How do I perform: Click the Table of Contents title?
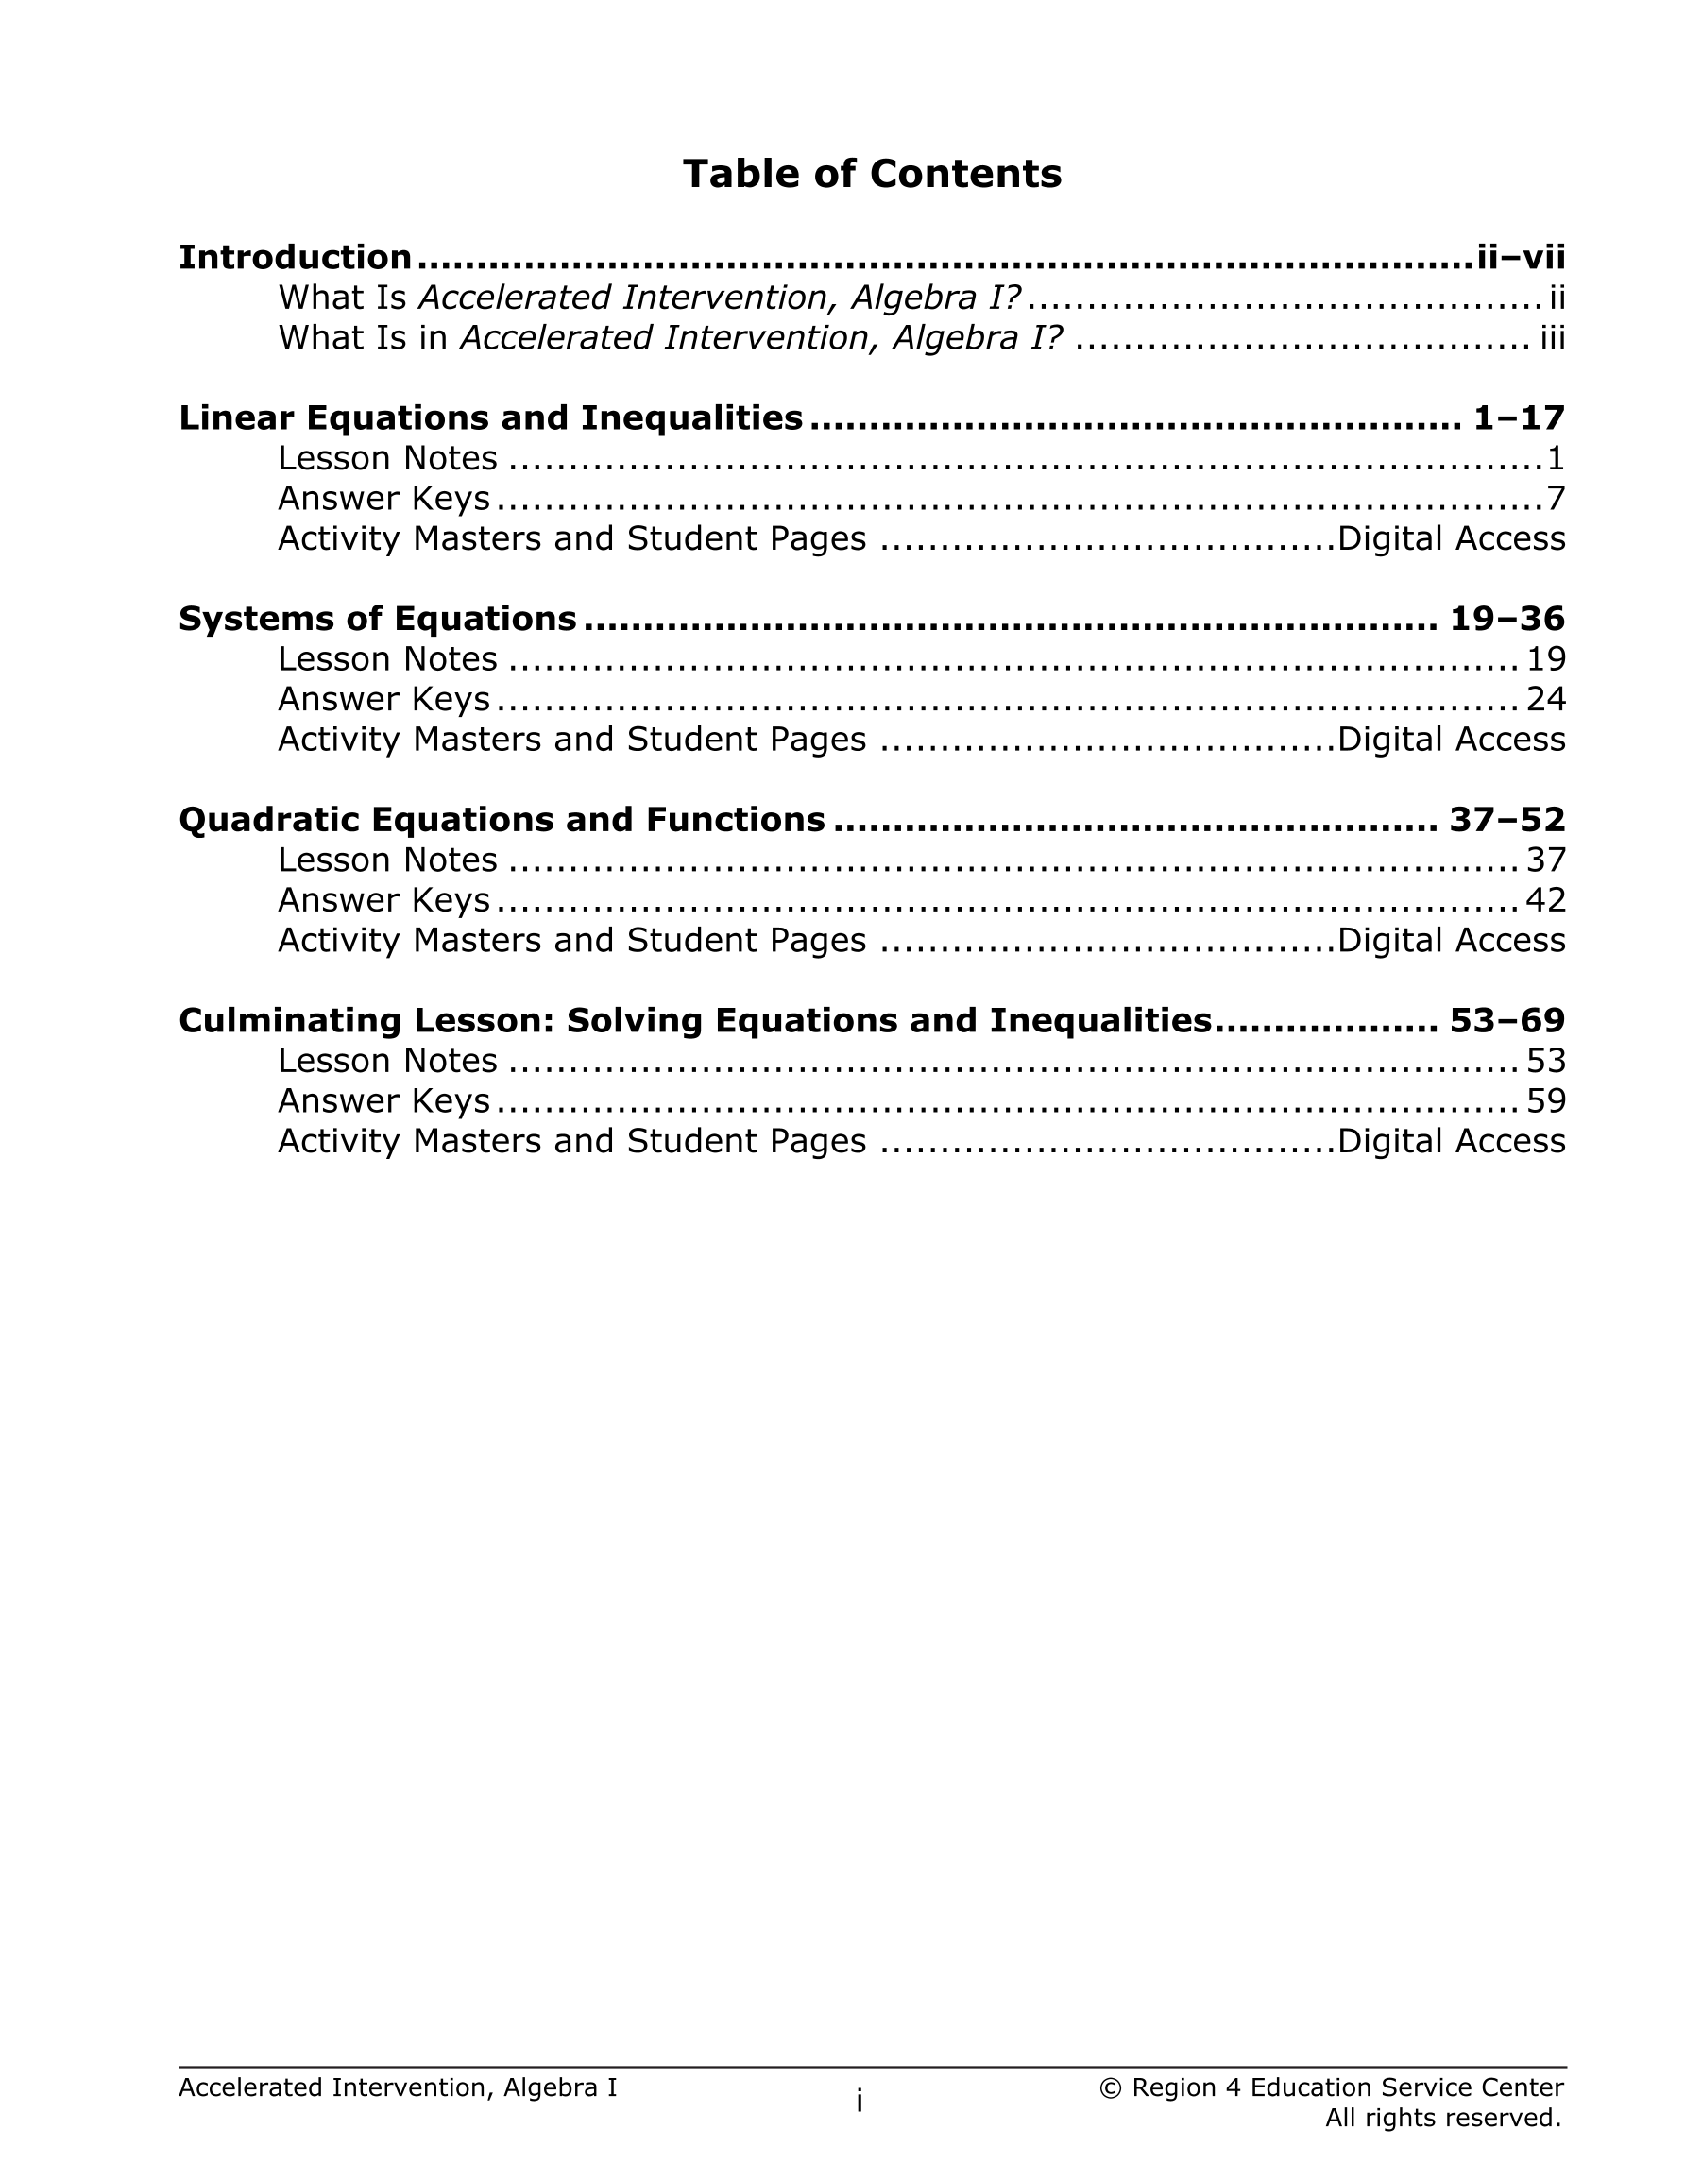click(x=871, y=174)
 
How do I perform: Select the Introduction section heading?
click(x=295, y=258)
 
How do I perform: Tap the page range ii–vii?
click(x=1521, y=258)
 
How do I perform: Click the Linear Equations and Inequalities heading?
click(x=490, y=417)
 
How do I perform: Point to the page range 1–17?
click(x=1519, y=417)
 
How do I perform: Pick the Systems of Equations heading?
click(x=378, y=619)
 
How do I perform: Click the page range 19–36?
click(x=1507, y=619)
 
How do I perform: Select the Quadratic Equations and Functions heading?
click(x=502, y=820)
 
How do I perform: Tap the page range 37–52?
click(x=1507, y=820)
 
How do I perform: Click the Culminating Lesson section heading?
click(x=695, y=1020)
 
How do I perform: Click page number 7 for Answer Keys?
click(x=1556, y=499)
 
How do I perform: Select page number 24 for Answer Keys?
click(x=1545, y=699)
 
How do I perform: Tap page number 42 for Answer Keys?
click(x=1545, y=901)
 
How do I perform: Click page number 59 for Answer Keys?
click(x=1545, y=1101)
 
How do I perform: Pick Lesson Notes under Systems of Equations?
click(x=387, y=659)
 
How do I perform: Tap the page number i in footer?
click(x=859, y=2101)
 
